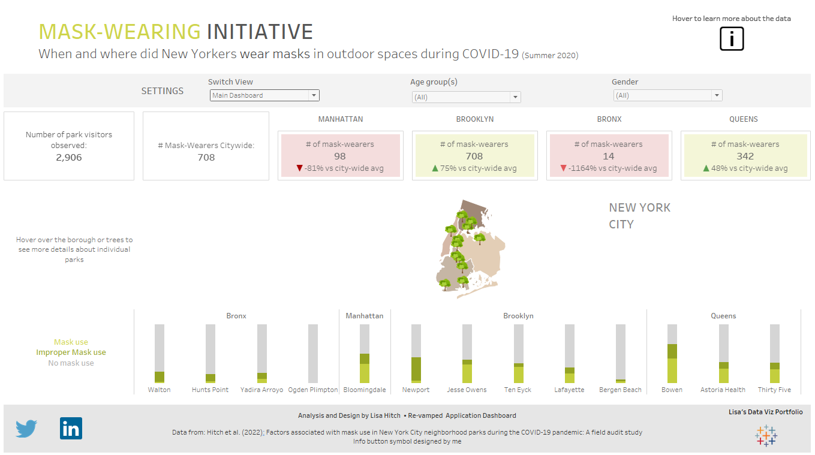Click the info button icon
732,40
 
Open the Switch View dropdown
264,95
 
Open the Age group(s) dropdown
466,97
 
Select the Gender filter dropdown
667,95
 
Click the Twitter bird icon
26,429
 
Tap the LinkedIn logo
71,429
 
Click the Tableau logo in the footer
766,435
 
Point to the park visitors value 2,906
69,158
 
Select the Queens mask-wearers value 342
745,156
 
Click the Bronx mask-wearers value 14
609,156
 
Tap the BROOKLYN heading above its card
475,119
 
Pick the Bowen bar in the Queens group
672,354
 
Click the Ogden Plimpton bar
313,354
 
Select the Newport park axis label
416,390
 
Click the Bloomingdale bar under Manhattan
365,354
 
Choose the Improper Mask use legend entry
71,352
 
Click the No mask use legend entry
71,363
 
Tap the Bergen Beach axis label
620,390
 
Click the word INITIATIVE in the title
260,32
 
